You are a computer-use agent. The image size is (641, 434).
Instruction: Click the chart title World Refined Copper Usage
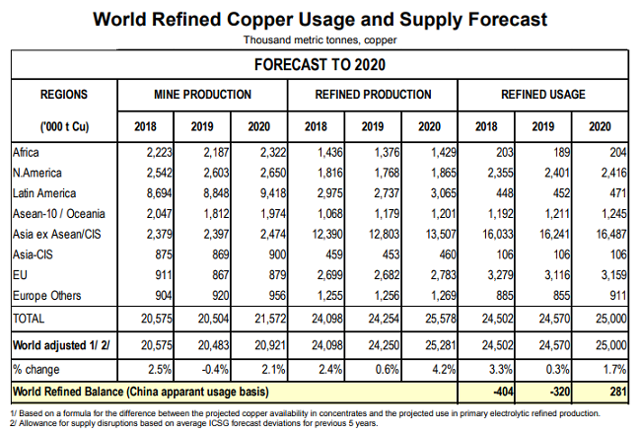[x=320, y=19]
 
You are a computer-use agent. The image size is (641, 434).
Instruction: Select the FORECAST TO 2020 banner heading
[x=320, y=66]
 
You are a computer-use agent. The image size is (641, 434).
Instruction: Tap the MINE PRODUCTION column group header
[x=202, y=95]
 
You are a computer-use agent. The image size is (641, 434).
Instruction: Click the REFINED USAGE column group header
[x=542, y=95]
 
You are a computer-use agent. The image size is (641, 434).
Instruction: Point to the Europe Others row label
[x=49, y=295]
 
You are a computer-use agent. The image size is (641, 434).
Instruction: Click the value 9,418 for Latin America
[x=260, y=193]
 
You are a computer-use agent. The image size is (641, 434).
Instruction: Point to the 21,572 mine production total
[x=260, y=318]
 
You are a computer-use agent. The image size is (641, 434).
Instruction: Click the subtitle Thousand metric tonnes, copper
[x=320, y=39]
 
